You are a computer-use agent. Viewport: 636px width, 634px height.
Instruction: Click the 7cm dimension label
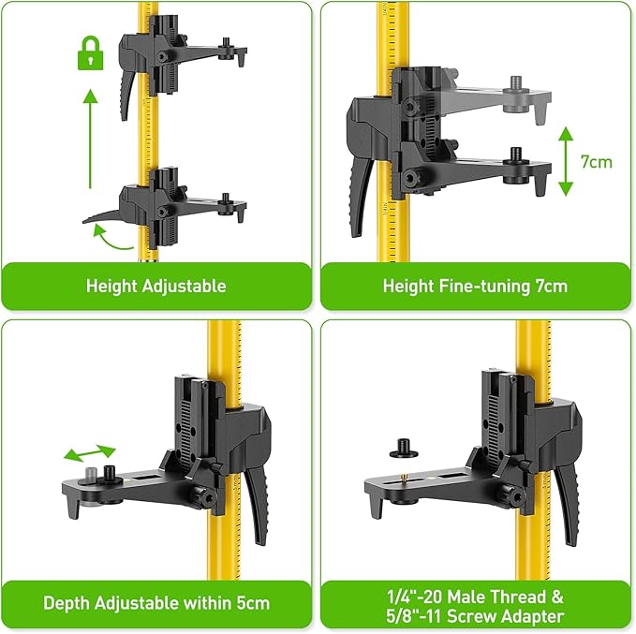coord(596,161)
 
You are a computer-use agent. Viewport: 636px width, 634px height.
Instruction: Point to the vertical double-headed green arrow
coord(565,161)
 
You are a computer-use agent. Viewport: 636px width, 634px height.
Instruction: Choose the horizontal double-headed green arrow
coord(90,452)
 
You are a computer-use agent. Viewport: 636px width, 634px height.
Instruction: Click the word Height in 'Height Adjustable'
coord(111,286)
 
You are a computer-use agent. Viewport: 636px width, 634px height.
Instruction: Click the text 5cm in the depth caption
coord(250,603)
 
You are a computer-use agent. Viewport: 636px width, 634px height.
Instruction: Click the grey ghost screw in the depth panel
coord(93,473)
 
